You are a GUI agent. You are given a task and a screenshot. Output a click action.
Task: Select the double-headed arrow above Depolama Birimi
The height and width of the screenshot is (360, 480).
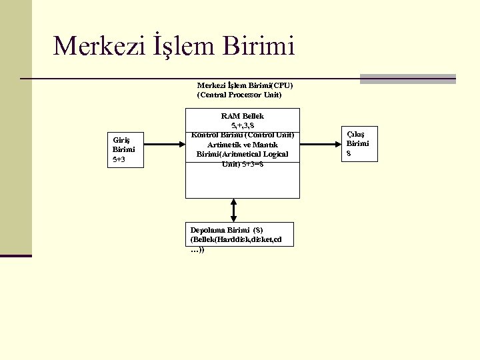point(233,209)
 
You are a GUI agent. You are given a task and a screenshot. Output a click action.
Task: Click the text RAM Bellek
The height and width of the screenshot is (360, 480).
point(243,116)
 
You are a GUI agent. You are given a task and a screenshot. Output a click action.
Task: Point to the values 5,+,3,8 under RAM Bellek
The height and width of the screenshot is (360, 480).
point(243,125)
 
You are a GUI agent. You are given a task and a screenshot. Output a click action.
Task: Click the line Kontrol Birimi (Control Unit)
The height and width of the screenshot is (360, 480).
point(243,135)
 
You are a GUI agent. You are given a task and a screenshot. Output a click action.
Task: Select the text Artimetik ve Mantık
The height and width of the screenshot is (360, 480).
point(243,145)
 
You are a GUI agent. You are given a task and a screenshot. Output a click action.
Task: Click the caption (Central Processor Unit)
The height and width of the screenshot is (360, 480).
point(239,95)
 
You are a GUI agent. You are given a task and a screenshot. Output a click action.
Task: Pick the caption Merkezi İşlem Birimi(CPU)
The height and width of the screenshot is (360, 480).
point(245,85)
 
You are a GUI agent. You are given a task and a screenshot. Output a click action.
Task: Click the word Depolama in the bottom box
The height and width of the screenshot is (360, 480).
point(208,230)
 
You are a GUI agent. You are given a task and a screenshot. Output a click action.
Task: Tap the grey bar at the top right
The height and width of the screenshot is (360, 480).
point(407,79)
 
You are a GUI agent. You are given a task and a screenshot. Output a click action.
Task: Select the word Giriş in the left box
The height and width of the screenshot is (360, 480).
point(121,140)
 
